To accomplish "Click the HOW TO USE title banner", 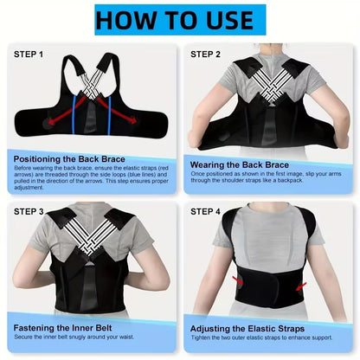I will pyautogui.click(x=180, y=20).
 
